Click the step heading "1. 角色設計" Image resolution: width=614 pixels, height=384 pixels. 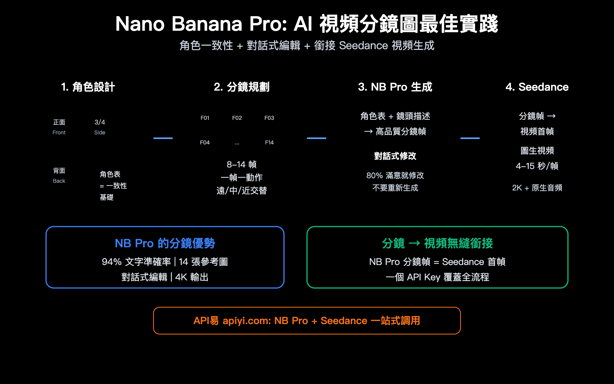coord(88,87)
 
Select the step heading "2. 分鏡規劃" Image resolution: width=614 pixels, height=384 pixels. coord(241,87)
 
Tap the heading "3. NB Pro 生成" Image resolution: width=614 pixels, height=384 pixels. coord(395,87)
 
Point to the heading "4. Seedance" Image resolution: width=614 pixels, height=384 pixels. coord(537,87)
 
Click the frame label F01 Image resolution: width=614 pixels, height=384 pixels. coord(205,118)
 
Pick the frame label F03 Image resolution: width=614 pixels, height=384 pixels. coord(269,118)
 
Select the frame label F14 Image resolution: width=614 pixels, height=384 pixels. coord(269,142)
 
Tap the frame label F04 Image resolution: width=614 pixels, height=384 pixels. coord(205,142)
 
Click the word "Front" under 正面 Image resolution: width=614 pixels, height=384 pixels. coord(59,132)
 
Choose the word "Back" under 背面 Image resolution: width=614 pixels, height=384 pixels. coord(59,181)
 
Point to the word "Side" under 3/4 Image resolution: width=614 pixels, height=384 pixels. coord(100,132)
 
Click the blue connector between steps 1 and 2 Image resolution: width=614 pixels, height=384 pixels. coord(163,138)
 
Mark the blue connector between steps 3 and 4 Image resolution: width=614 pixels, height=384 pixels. coord(470,138)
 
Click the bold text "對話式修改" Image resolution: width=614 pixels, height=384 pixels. coord(395,156)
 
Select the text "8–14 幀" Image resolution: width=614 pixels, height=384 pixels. coord(241,165)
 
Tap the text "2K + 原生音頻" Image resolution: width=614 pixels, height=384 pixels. coord(537,188)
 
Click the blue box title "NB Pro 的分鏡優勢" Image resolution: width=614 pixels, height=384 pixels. coord(165,243)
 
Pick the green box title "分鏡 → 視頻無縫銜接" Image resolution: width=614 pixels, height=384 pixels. coord(437,243)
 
